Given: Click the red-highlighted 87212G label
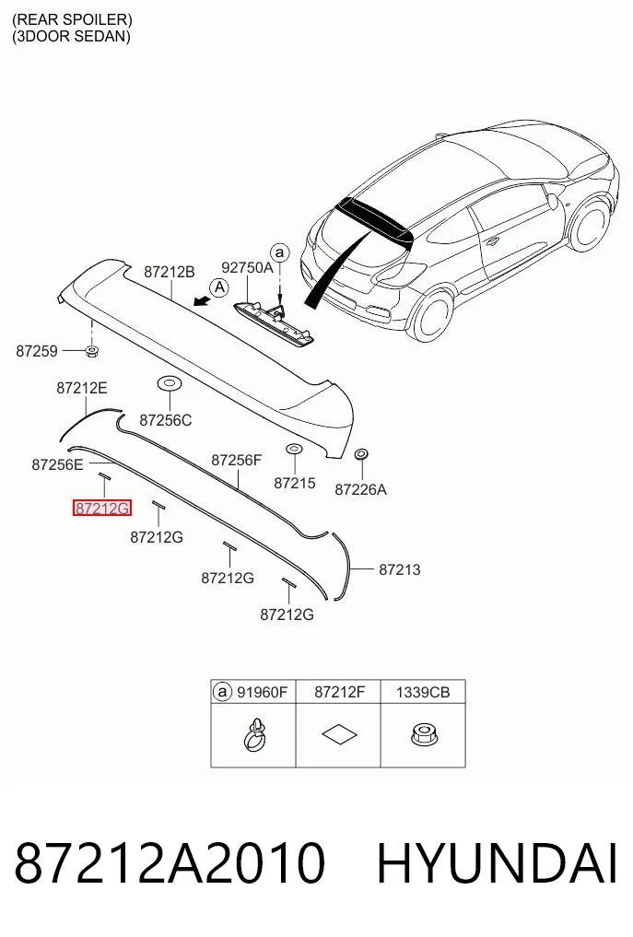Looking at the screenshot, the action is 101,508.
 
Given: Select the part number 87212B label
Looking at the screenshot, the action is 170,272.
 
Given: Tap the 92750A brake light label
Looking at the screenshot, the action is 247,268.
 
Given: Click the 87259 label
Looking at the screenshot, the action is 37,351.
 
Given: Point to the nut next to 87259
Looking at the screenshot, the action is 91,351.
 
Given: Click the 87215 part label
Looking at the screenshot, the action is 295,483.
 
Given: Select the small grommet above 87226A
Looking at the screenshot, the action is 361,455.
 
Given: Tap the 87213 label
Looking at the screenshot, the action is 399,569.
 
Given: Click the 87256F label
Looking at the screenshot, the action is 237,460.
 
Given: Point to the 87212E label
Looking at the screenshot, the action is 82,388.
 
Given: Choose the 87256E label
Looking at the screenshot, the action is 57,463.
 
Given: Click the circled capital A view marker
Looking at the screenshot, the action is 220,288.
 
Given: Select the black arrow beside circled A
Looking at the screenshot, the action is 202,301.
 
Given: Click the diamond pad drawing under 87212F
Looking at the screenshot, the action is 339,734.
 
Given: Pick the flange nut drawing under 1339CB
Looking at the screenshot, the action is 423,734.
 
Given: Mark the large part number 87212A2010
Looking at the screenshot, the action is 170,863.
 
